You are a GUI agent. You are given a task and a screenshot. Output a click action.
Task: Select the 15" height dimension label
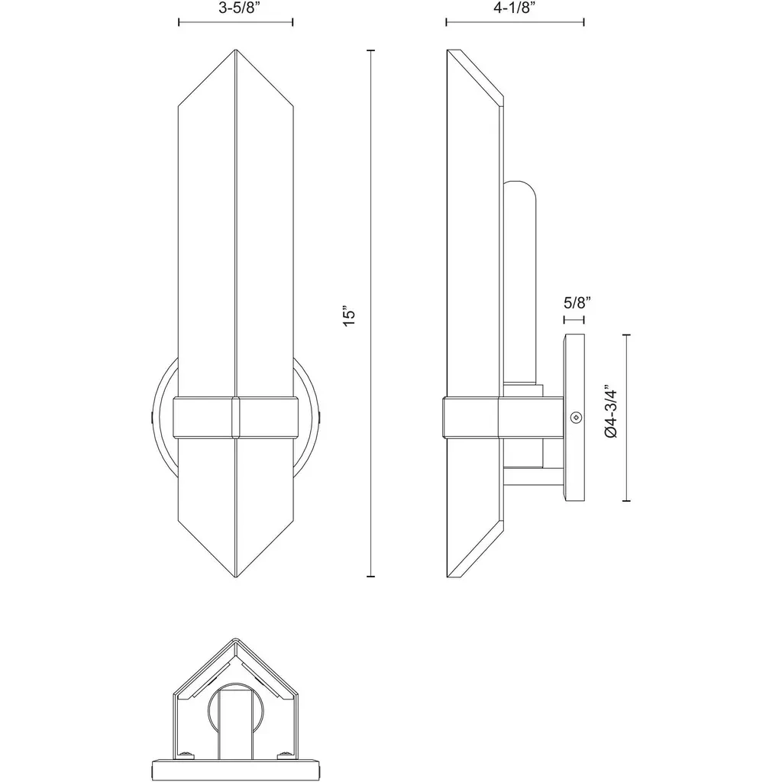(349, 315)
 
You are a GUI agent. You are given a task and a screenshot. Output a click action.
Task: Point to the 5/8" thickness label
(577, 302)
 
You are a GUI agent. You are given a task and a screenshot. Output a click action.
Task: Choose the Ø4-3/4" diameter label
(612, 411)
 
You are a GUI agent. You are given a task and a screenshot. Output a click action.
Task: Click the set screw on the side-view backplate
(577, 416)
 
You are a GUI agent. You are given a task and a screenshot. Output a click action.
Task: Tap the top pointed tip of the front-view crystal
(235, 50)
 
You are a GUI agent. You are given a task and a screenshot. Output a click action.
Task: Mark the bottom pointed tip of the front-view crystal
(235, 577)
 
